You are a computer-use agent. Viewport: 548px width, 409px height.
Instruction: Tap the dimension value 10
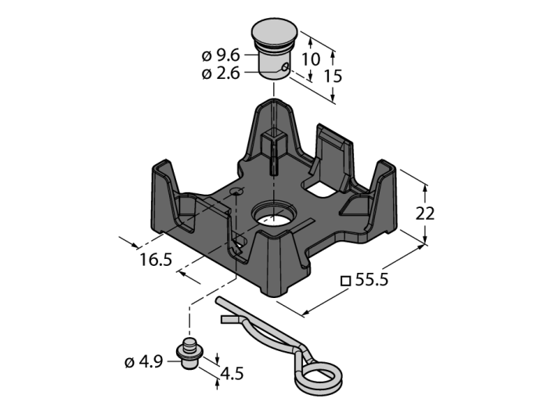pos(310,59)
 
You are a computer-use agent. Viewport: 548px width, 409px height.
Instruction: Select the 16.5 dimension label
pos(156,260)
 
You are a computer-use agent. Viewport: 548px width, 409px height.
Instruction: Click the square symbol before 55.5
pos(344,282)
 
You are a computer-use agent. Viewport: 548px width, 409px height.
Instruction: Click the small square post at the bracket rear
pos(273,145)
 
